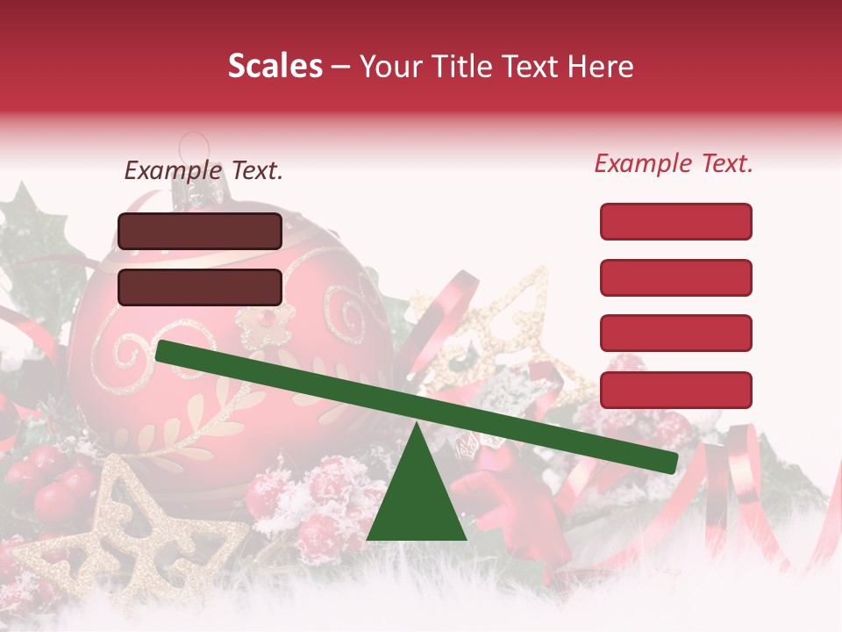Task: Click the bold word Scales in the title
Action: click(x=275, y=67)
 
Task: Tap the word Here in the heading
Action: click(x=600, y=67)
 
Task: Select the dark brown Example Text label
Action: click(x=203, y=171)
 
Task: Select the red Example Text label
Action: click(x=674, y=163)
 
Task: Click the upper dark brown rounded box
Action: click(x=200, y=231)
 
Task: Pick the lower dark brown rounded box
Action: click(x=200, y=287)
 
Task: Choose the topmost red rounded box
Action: click(x=675, y=221)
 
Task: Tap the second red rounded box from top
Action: click(x=675, y=277)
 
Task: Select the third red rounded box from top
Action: click(x=675, y=334)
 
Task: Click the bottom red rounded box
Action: click(x=675, y=390)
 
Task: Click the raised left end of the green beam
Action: click(x=167, y=351)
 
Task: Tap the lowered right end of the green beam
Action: click(x=667, y=462)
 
